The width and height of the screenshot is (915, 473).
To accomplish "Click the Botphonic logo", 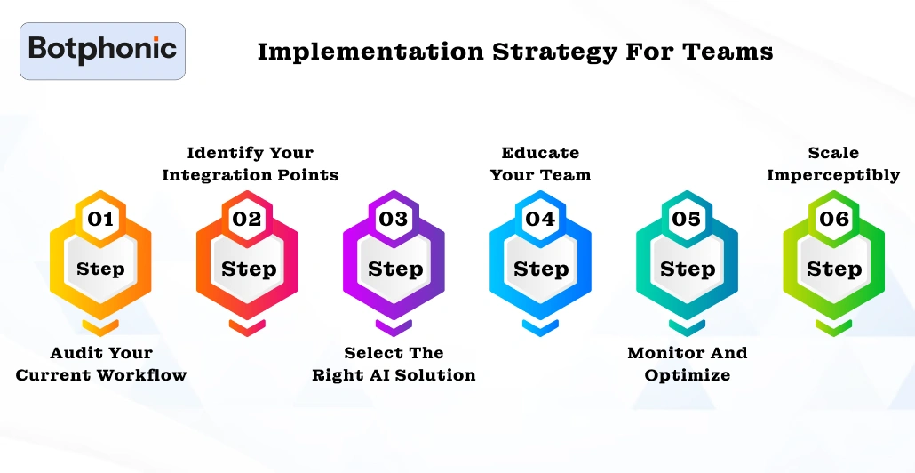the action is pyautogui.click(x=103, y=51).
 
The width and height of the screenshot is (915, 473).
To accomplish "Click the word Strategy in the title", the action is pyautogui.click(x=553, y=52).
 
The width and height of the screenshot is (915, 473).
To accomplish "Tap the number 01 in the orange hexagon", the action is pyautogui.click(x=100, y=219).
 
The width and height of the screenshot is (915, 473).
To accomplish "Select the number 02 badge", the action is pyautogui.click(x=247, y=219).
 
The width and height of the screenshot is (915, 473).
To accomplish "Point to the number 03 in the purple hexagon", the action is pyautogui.click(x=394, y=219).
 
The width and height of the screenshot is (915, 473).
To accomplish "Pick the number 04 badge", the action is pyautogui.click(x=540, y=219).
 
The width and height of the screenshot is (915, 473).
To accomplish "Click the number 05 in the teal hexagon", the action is pyautogui.click(x=686, y=219).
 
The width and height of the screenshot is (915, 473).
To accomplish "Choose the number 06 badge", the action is pyautogui.click(x=833, y=219).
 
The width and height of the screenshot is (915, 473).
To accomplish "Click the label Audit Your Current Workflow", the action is pyautogui.click(x=101, y=364).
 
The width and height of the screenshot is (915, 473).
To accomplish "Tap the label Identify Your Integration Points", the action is pyautogui.click(x=251, y=164).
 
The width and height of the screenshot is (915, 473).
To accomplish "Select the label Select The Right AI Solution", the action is pyautogui.click(x=394, y=364).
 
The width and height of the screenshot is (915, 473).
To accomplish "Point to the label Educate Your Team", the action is pyautogui.click(x=540, y=164).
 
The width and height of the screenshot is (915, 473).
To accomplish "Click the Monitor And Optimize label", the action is pyautogui.click(x=688, y=364).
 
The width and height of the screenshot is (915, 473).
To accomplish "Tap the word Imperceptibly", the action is pyautogui.click(x=833, y=175).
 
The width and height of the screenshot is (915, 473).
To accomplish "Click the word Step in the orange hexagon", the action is pyautogui.click(x=100, y=269).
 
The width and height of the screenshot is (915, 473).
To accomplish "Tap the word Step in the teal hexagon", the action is pyautogui.click(x=688, y=269).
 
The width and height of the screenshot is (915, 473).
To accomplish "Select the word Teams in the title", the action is pyautogui.click(x=728, y=52).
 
